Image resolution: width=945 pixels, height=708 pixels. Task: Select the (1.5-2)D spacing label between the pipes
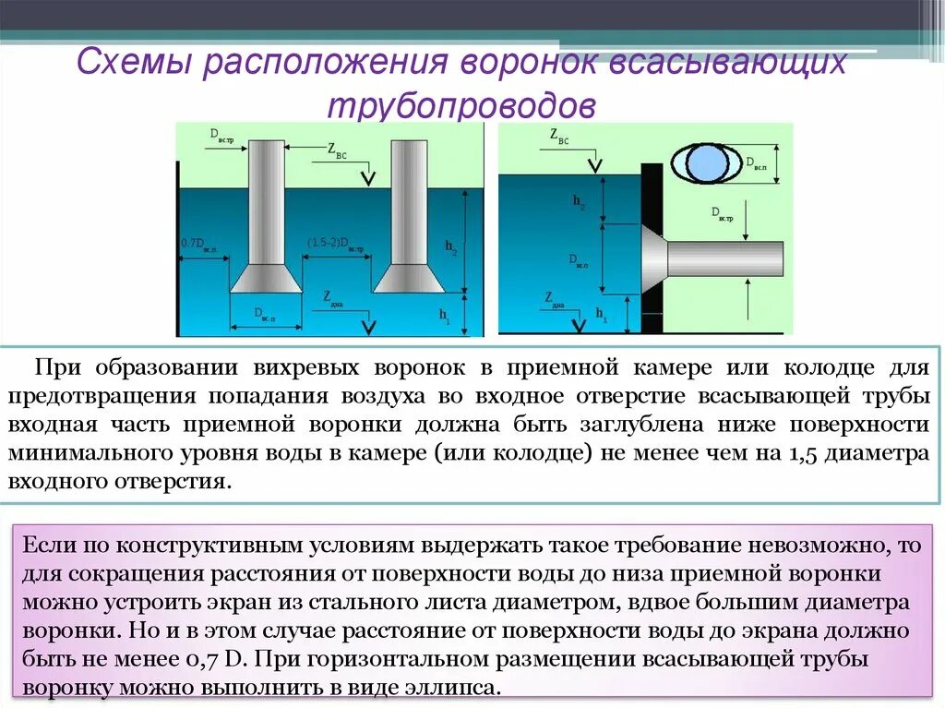[336, 244]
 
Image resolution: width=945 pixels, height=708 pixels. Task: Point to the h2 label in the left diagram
[450, 246]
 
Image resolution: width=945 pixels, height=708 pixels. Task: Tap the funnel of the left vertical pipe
[266, 278]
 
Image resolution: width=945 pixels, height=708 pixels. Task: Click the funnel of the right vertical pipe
[410, 278]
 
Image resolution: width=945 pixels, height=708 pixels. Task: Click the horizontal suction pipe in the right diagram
[725, 259]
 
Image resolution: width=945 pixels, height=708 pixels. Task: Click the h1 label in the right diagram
[601, 315]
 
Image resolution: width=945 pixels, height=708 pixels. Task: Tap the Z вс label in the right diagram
[559, 137]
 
